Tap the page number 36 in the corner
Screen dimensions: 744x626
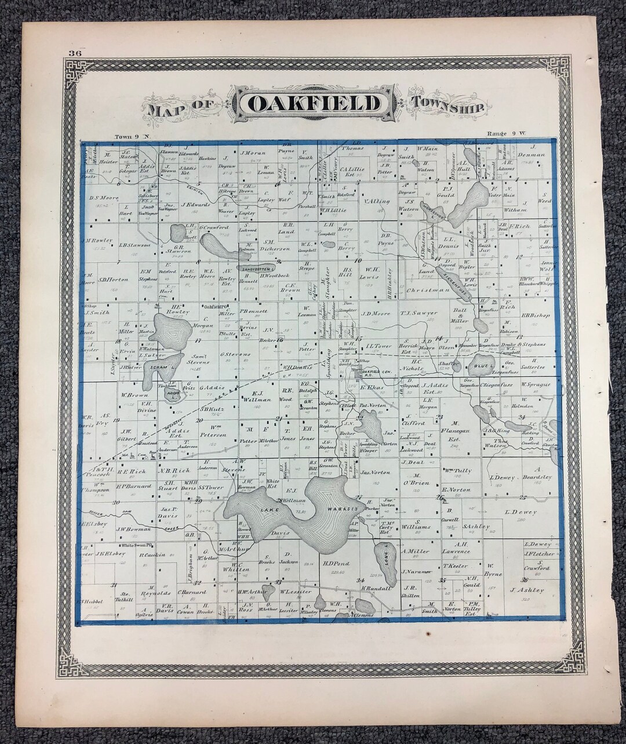[x=74, y=53]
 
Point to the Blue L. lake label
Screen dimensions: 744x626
[x=482, y=366]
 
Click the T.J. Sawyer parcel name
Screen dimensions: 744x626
[x=418, y=313]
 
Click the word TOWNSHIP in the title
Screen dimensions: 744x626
[x=449, y=103]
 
